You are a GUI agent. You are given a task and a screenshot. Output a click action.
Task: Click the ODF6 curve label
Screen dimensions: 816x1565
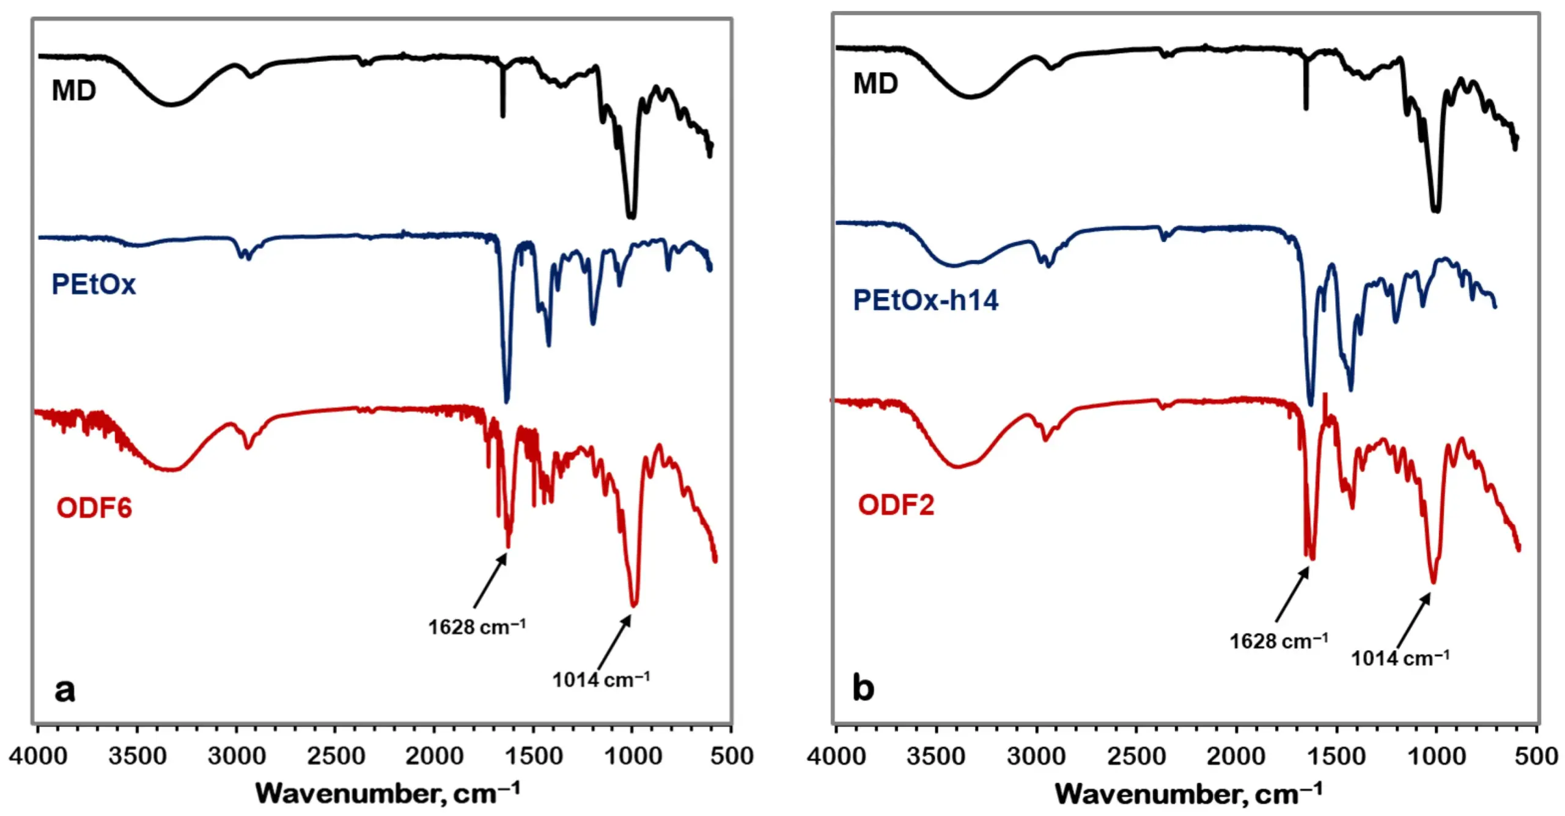94,508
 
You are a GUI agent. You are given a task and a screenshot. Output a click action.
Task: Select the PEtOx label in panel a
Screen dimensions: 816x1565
94,284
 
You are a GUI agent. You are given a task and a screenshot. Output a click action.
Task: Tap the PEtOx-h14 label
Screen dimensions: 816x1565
926,300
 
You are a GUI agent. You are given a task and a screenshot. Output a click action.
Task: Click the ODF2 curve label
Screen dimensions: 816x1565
896,505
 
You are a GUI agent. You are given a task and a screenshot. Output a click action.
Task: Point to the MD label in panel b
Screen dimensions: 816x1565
875,84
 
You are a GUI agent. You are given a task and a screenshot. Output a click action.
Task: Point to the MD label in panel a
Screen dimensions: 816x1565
74,91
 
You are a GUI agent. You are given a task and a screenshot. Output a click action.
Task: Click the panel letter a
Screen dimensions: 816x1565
65,690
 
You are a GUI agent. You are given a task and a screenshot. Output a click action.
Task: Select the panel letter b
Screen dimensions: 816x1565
863,688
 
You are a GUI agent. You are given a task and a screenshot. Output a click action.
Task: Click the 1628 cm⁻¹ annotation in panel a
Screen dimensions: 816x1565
476,627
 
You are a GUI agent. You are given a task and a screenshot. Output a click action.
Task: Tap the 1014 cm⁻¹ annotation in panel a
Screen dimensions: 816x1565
601,680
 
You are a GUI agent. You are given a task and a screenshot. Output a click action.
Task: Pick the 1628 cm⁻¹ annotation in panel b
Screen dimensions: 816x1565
1278,641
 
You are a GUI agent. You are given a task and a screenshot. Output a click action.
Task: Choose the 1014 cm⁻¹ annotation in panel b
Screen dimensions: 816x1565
1400,658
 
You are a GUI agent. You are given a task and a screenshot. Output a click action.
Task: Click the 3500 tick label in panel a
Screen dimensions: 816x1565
137,757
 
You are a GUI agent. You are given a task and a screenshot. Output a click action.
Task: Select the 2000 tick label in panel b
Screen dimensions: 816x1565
1236,757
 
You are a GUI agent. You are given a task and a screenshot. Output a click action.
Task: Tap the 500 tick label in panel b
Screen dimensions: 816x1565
1536,757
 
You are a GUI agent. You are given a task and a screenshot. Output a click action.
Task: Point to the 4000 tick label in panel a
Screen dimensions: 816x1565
38,757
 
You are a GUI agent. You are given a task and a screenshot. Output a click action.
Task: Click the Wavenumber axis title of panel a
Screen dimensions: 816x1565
388,793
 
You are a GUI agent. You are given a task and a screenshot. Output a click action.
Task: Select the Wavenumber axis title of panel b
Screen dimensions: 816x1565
1188,793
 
